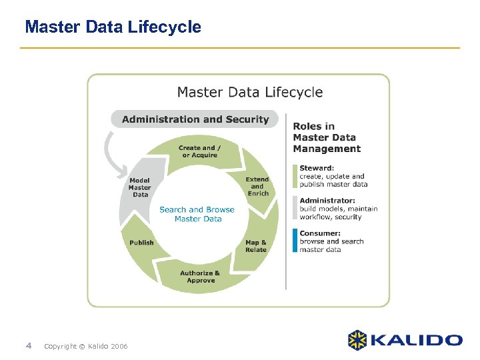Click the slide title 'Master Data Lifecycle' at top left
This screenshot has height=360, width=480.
point(113,27)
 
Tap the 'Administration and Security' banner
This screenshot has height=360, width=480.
point(195,119)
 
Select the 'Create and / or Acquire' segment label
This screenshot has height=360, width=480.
point(200,151)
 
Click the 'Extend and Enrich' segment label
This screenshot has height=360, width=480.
point(257,186)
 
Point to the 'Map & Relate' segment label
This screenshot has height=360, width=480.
point(256,246)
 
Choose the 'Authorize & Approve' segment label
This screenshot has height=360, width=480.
point(200,277)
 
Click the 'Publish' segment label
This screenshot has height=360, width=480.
point(141,243)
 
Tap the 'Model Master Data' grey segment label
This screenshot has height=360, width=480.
point(140,187)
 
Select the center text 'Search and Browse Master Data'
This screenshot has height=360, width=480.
point(197,214)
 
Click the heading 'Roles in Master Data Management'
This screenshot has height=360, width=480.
point(327,137)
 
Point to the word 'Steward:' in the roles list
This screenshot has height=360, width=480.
point(317,168)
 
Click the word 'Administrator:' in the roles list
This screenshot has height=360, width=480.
point(327,201)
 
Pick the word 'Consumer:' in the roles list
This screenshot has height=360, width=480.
point(320,233)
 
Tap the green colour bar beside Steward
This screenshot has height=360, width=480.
point(295,176)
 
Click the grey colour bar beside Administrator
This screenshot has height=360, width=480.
point(295,208)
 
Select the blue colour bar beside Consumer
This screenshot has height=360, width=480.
point(295,241)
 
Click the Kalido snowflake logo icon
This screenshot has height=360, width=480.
point(357,340)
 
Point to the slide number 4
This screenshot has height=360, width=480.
point(28,345)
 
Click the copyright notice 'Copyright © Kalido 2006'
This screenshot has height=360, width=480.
point(85,346)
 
